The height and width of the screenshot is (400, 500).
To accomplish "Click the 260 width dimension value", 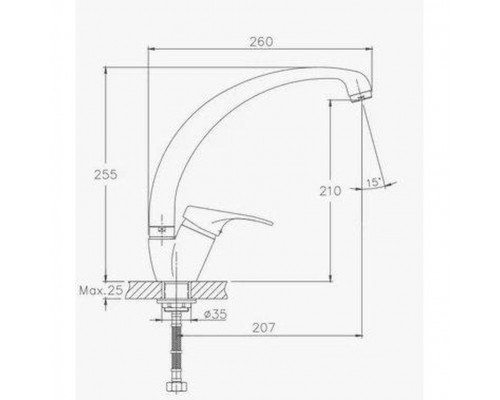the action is coord(262,42).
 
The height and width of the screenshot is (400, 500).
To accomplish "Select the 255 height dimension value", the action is coord(106,175).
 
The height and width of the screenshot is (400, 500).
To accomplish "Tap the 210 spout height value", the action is coord(330,191).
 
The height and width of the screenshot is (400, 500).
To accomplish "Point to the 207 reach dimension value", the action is coord(264,328).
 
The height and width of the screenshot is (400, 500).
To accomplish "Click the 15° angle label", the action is coord(374,182).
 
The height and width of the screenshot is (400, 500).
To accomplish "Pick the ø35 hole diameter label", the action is coord(215,314).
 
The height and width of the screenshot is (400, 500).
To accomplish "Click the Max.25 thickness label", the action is coord(101,290).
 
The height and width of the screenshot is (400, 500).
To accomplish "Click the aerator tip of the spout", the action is coord(361,97).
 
